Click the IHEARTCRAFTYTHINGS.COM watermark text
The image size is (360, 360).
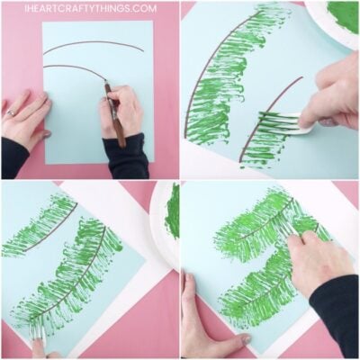click(91, 8)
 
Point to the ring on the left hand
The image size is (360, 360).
click(11, 112)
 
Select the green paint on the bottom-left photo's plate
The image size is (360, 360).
click(173, 211)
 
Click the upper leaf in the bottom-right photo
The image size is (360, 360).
click(261, 225)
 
